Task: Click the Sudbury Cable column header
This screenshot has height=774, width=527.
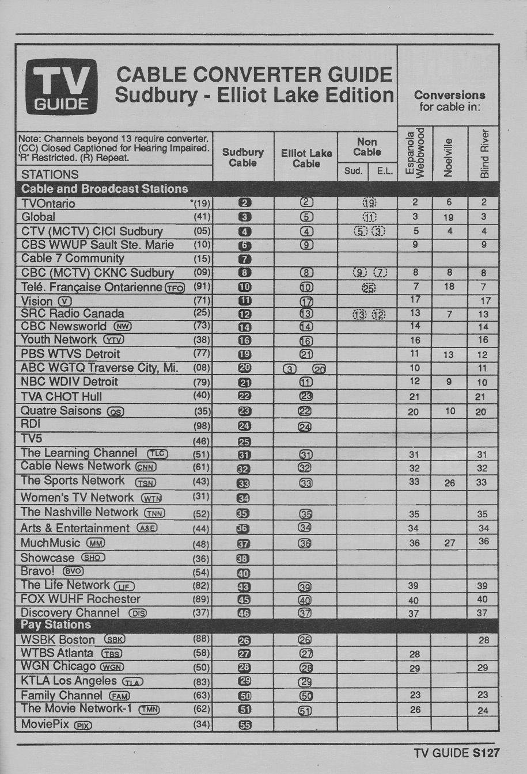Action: pyautogui.click(x=242, y=158)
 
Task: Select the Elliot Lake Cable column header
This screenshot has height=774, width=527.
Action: pyautogui.click(x=306, y=158)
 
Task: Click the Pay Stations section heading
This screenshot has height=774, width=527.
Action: pyautogui.click(x=56, y=625)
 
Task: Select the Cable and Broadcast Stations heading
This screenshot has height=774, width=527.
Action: pyautogui.click(x=104, y=189)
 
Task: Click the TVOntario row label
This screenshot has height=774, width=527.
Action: pyautogui.click(x=48, y=203)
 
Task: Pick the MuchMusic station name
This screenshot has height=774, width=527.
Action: pyautogui.click(x=50, y=543)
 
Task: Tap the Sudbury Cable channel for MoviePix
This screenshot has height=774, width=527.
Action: pyautogui.click(x=245, y=725)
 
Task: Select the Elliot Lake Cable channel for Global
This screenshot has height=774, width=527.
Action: pyautogui.click(x=306, y=217)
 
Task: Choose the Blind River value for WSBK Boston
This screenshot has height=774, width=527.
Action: pyautogui.click(x=483, y=640)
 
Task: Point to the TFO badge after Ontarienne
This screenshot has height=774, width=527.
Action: pyautogui.click(x=175, y=287)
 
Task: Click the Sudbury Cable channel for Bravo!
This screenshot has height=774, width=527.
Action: pyautogui.click(x=244, y=573)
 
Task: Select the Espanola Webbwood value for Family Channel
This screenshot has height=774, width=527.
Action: pyautogui.click(x=415, y=695)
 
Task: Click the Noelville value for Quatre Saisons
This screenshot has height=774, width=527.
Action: pyautogui.click(x=450, y=411)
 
